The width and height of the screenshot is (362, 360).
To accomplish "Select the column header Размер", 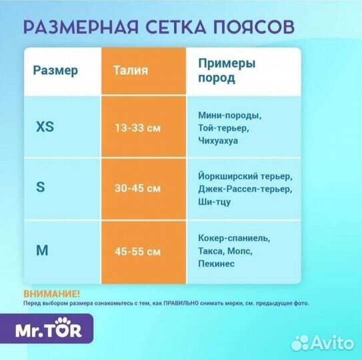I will click(x=55, y=70).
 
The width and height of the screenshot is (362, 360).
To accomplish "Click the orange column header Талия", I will click(x=131, y=70).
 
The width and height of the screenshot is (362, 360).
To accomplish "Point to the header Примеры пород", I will click(x=227, y=70).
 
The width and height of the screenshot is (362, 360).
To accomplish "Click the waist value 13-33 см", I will click(x=137, y=127).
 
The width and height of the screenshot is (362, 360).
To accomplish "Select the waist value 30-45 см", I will click(x=137, y=188).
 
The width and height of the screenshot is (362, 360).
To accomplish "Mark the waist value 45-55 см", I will click(x=137, y=251).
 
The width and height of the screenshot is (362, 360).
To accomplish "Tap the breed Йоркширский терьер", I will click(x=245, y=177).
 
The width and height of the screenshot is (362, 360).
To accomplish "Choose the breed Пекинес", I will click(x=216, y=265).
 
